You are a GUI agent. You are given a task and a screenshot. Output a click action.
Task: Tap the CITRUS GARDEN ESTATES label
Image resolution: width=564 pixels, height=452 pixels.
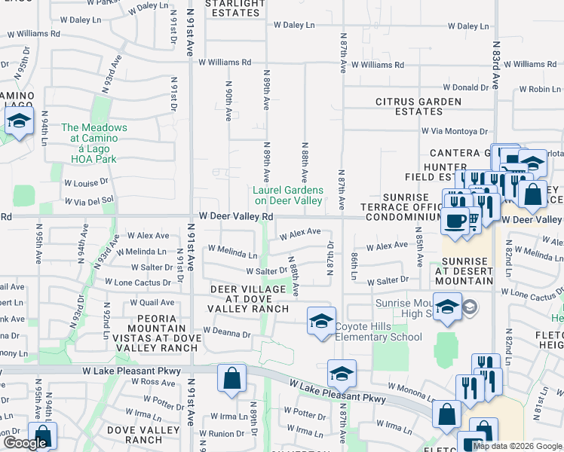[x=418, y=106]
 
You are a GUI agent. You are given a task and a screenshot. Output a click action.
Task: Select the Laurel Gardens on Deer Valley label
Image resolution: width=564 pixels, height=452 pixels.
[x=287, y=195]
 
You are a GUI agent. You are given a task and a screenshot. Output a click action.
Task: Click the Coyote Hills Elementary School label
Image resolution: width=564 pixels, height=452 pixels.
[x=379, y=331]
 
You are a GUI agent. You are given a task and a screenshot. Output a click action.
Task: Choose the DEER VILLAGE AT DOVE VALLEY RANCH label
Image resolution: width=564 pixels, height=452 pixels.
[x=249, y=298]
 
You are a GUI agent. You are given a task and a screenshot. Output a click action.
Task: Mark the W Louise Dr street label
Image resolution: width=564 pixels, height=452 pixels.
[x=86, y=182]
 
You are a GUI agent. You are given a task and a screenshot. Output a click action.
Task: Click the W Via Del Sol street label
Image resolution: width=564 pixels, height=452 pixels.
[x=88, y=200]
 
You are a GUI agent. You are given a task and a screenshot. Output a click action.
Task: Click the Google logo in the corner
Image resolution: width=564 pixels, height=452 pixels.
[x=25, y=444]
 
